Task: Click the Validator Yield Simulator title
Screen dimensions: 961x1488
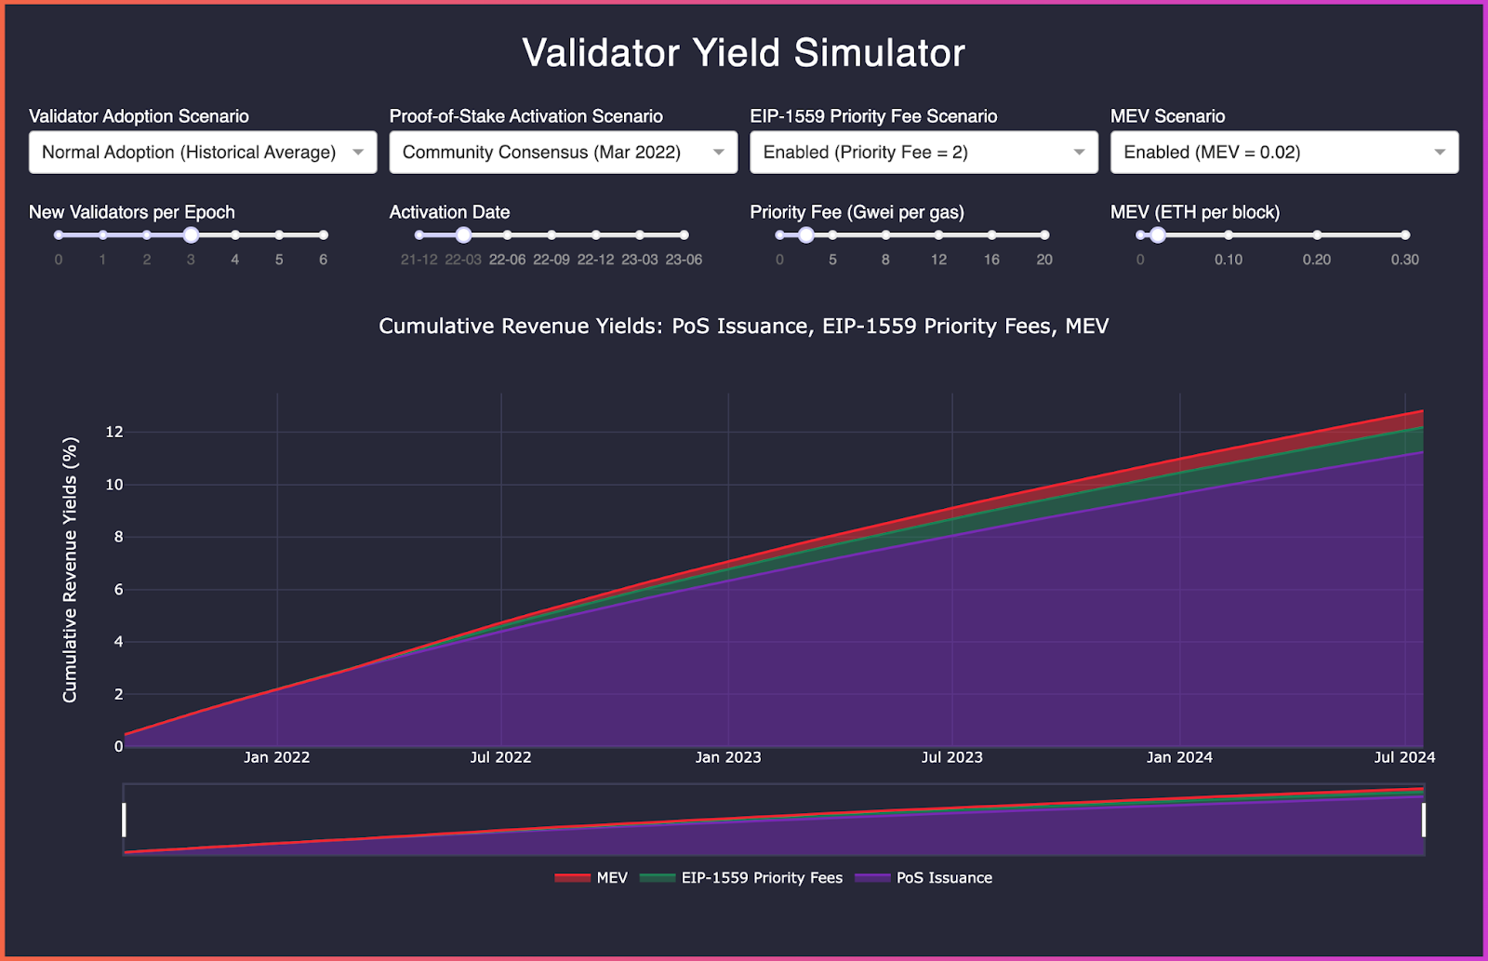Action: [743, 53]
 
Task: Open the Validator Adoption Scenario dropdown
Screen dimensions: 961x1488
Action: [203, 153]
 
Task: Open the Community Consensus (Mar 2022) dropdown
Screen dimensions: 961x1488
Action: [563, 153]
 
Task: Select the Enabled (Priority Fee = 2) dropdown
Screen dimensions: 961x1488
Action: [923, 153]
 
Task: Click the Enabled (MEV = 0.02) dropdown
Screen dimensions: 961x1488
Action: [1283, 153]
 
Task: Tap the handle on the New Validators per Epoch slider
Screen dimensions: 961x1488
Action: [191, 235]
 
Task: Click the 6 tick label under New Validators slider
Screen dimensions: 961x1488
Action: [323, 260]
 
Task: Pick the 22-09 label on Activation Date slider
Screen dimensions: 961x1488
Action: [551, 260]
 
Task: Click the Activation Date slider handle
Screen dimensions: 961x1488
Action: [463, 235]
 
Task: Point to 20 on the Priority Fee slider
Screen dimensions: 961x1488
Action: [1044, 260]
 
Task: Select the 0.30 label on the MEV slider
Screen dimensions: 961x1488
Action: [1404, 260]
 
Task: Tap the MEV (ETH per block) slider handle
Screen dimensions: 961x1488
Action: [1157, 235]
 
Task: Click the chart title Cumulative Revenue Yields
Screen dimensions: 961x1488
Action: [743, 327]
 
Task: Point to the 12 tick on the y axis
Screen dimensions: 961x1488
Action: [114, 432]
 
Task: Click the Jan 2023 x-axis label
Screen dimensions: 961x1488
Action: [728, 757]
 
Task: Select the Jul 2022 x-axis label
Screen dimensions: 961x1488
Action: [500, 757]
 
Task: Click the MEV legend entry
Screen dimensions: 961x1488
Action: [611, 878]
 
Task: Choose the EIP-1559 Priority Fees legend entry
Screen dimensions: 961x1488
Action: [761, 878]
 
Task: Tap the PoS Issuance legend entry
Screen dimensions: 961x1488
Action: [943, 878]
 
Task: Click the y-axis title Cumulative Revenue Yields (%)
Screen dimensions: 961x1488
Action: [70, 570]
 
